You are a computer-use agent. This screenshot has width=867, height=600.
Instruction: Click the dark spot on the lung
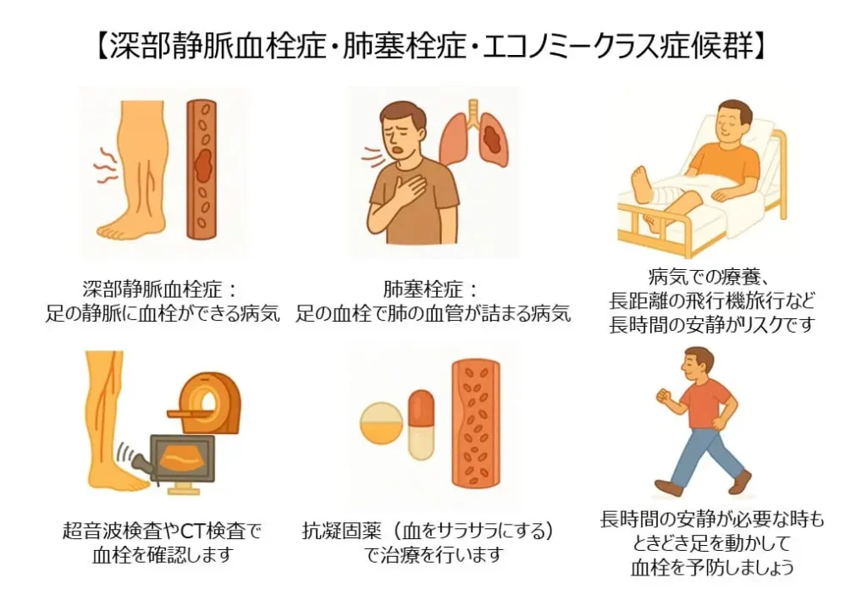click(x=493, y=137)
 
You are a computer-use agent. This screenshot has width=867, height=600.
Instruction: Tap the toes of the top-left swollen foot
click(x=108, y=230)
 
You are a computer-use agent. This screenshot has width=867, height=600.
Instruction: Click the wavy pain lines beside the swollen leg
click(x=105, y=165)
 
